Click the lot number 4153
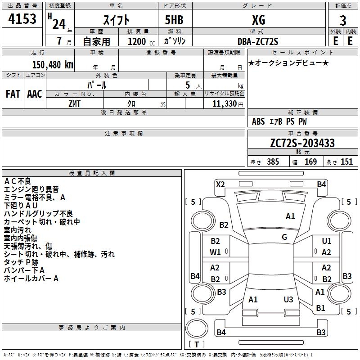(x=22, y=19)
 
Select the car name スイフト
(x=116, y=20)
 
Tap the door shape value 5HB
(x=174, y=20)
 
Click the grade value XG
(x=258, y=20)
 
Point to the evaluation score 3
(x=343, y=21)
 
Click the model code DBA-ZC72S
(x=258, y=41)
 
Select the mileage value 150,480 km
(x=53, y=65)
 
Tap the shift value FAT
(x=13, y=94)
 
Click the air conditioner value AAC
(x=35, y=94)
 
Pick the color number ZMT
(x=74, y=104)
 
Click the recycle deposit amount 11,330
(x=224, y=104)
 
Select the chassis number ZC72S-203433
(x=302, y=143)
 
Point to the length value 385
(x=273, y=162)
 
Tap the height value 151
(x=346, y=162)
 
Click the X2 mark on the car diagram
(x=220, y=184)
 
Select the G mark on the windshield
(x=284, y=237)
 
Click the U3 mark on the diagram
(x=288, y=299)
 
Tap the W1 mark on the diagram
(x=215, y=252)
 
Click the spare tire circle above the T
(x=197, y=328)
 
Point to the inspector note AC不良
(x=18, y=181)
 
